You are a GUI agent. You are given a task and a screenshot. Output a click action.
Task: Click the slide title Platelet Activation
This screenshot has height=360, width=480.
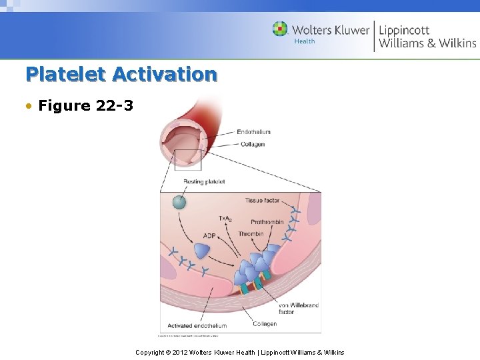coord(121,74)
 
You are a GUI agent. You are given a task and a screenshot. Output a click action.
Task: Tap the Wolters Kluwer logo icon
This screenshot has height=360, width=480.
coord(280,29)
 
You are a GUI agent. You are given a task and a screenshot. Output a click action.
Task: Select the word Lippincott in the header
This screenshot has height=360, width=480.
coord(404,30)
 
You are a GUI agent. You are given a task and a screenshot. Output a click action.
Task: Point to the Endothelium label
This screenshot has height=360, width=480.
coord(254,132)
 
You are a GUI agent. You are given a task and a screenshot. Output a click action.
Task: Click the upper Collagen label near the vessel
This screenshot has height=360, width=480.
coord(253,144)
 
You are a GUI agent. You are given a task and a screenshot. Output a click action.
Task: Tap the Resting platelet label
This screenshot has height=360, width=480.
coord(205,181)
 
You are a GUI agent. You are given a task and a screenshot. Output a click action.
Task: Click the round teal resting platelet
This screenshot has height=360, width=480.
coord(179,202)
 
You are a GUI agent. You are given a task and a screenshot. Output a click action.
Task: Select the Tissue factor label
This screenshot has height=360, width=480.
coord(262,200)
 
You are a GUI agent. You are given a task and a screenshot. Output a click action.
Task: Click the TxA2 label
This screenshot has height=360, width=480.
coord(225,219)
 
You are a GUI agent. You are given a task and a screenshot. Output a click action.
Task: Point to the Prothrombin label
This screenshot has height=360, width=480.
coord(267,222)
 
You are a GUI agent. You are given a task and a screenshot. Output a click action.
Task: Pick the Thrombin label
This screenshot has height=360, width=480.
coord(251,234)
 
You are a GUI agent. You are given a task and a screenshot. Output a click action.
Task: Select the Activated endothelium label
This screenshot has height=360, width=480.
coord(197,326)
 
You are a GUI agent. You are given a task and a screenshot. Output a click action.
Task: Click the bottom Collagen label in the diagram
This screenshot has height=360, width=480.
coord(265,324)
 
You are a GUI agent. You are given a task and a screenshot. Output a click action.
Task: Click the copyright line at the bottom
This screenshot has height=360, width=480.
coord(240,352)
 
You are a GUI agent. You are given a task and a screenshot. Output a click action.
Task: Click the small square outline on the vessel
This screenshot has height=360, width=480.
coord(187,160)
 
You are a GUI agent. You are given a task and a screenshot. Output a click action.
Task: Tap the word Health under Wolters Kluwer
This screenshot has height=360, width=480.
coord(305,41)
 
